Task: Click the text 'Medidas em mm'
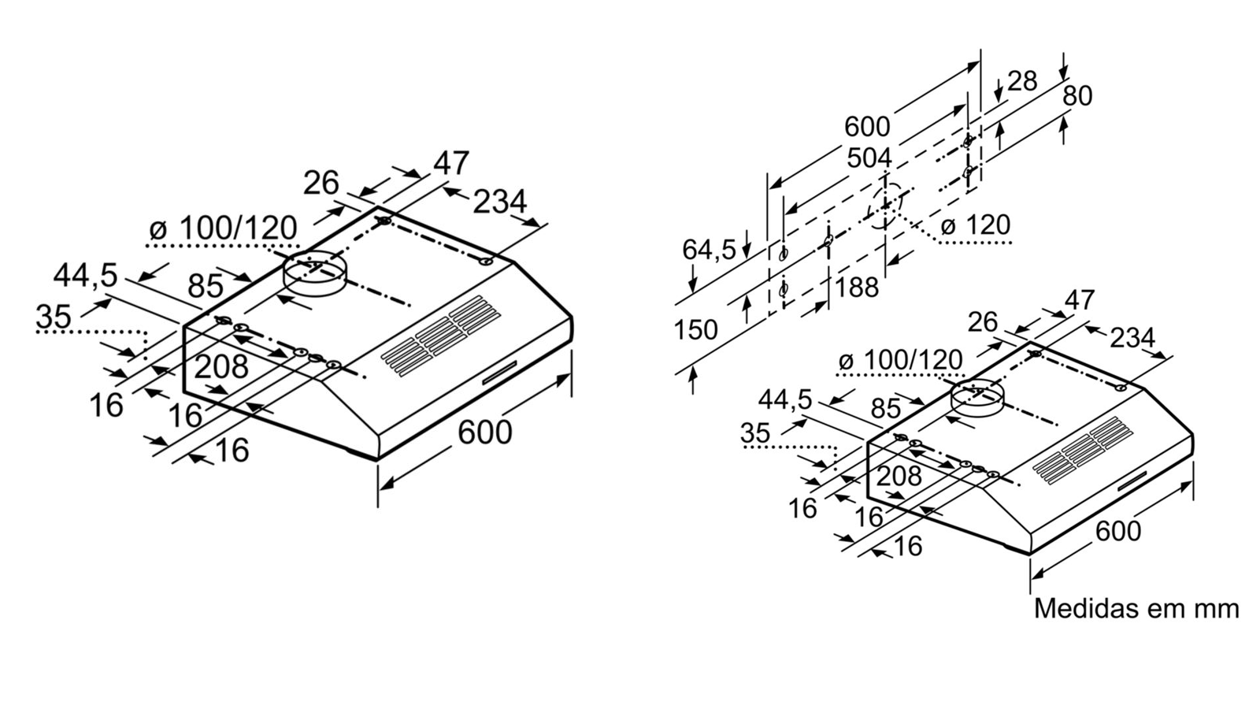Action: click(x=1136, y=608)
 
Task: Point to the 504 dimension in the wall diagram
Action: click(x=869, y=158)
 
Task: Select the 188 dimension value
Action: click(x=857, y=287)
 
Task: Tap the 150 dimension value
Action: click(x=695, y=329)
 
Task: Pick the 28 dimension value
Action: click(x=1021, y=80)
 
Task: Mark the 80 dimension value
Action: click(x=1077, y=95)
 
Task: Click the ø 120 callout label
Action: click(x=975, y=225)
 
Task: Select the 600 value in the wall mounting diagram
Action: click(x=867, y=126)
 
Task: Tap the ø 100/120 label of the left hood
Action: click(x=223, y=228)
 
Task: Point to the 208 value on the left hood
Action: click(x=221, y=366)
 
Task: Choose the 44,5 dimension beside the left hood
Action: click(x=85, y=276)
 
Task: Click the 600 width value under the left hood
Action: click(x=484, y=432)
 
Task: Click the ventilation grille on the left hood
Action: click(x=441, y=334)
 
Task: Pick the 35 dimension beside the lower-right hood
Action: click(x=755, y=432)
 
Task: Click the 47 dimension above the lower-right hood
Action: click(x=1079, y=300)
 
